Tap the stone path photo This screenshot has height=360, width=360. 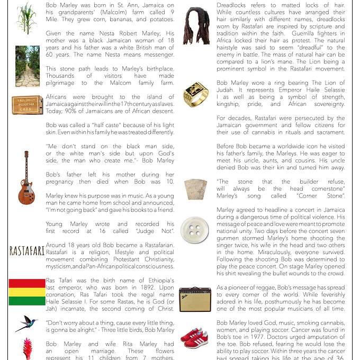[x=27, y=66]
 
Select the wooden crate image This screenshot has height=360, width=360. [x=27, y=104]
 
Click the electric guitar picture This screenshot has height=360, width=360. [x=26, y=178]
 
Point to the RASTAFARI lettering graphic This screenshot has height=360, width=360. [x=26, y=251]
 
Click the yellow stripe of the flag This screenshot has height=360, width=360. [x=27, y=292]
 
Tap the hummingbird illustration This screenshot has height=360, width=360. [x=26, y=323]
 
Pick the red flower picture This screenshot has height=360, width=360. [x=27, y=348]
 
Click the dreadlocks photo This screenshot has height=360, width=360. [x=196, y=25]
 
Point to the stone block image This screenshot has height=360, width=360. [x=196, y=188]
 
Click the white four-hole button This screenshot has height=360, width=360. [x=195, y=230]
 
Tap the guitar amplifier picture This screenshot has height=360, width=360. [x=195, y=299]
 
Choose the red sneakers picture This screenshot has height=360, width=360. [x=195, y=337]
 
